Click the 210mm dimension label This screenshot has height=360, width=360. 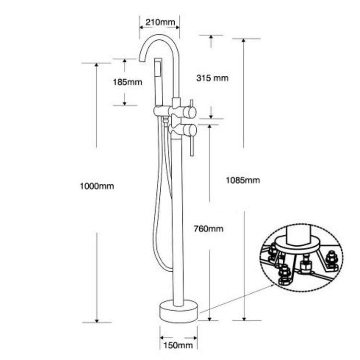point(160,22)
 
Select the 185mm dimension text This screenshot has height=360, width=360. point(128,82)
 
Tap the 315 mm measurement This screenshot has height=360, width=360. point(213,78)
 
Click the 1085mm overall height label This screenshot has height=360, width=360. point(243,180)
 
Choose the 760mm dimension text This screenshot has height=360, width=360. point(209,228)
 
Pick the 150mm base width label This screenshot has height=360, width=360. point(178,345)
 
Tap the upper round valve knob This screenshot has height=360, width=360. point(191,112)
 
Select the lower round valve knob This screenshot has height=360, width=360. point(191,130)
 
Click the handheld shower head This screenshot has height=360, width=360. point(159,82)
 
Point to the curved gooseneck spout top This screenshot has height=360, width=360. point(158,37)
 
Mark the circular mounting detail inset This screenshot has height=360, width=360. point(301,259)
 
